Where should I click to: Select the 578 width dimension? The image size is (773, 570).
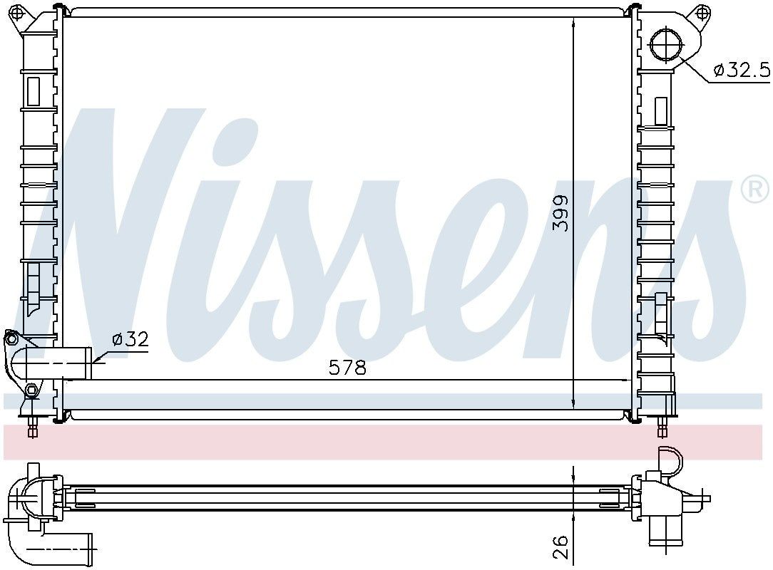pos(347,368)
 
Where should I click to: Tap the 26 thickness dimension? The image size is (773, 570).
pos(561,546)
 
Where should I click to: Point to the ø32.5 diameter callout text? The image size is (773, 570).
pos(742,70)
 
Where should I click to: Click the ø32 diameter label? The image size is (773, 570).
pos(130,340)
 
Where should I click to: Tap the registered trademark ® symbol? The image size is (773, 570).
pos(754,189)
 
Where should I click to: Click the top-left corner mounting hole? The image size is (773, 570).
pos(21,12)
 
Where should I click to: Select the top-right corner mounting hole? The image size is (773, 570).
pos(702,12)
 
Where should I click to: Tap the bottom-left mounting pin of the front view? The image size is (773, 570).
pos(32,428)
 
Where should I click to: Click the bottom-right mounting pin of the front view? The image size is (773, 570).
pos(662,428)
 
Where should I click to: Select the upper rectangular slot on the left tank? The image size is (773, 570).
pos(34,91)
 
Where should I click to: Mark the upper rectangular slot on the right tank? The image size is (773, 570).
pos(661,111)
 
